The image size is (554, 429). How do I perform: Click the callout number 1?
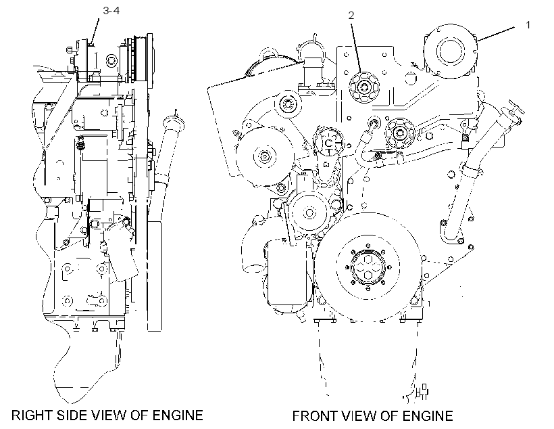[528, 25]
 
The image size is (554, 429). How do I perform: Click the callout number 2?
[351, 15]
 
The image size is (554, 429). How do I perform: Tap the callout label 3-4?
[111, 11]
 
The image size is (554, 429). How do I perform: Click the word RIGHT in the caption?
[30, 415]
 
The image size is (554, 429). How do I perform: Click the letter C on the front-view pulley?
[328, 143]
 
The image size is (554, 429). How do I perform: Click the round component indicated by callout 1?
[450, 51]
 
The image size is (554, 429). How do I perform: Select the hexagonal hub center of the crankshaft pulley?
[368, 268]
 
